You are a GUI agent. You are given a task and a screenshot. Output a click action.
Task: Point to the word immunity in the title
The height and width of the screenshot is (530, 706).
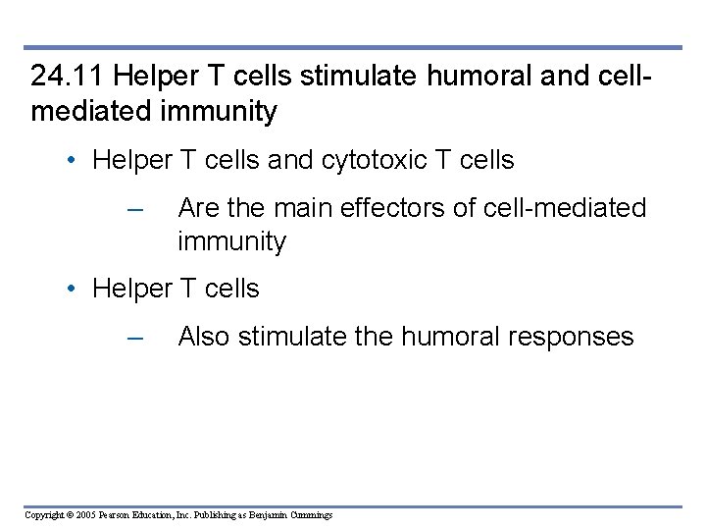coord(223,112)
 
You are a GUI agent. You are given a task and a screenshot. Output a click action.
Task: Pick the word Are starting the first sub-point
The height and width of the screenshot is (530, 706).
coord(198,208)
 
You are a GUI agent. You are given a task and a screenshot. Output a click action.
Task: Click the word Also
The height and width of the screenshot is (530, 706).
coord(204,337)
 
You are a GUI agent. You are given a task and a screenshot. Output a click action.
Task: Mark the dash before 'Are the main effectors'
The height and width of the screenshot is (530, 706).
coord(135,209)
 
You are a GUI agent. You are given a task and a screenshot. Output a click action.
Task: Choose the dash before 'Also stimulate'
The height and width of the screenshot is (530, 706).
coord(135,338)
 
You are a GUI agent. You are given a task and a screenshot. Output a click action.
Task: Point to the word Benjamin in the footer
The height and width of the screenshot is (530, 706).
coord(270,515)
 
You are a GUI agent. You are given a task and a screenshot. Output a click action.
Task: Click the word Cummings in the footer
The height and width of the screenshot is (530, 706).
coord(312,515)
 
